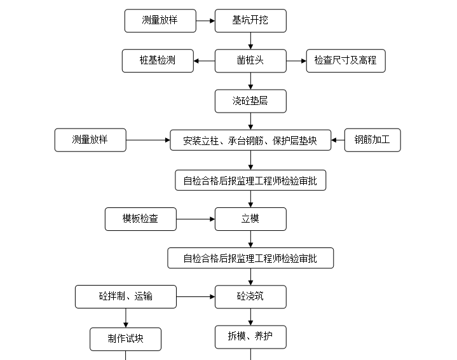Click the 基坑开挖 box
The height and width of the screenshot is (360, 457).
coord(250,20)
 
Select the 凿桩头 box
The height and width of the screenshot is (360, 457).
coord(250,60)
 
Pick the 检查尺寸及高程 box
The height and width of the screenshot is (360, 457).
coord(345,60)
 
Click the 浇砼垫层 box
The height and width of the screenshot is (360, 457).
coord(250,100)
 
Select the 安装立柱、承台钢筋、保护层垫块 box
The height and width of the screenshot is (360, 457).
coord(250,140)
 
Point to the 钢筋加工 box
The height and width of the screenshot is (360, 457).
coord(372,140)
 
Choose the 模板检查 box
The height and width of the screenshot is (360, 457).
coord(140,219)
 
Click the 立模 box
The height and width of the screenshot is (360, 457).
coord(250,219)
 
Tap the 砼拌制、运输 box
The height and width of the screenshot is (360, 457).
coord(126,296)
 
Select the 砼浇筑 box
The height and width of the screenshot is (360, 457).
coord(250,296)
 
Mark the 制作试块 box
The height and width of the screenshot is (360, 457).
coord(126,338)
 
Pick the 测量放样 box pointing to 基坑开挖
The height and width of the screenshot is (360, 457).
coord(160,20)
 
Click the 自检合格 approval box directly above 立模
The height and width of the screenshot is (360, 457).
coord(250,180)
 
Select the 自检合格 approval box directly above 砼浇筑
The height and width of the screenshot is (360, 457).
coord(250,258)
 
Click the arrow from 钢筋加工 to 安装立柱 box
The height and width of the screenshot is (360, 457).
coord(338,140)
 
